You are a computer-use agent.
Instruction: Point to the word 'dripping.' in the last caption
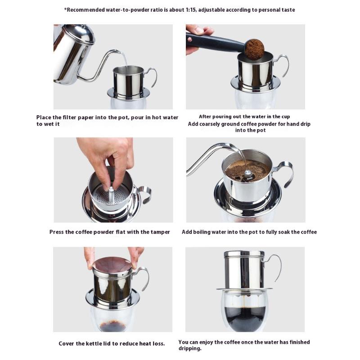pos(189,348)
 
